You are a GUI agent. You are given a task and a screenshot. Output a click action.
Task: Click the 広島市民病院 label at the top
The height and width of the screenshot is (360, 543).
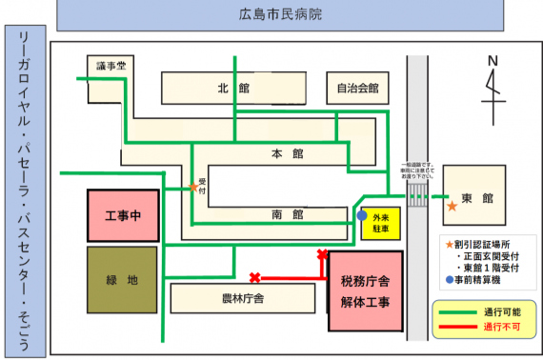pyautogui.click(x=280, y=15)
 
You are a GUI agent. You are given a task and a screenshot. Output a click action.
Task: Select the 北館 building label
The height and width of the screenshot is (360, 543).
pyautogui.click(x=231, y=89)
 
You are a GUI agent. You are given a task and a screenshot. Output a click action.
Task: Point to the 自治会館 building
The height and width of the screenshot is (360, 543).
pyautogui.click(x=357, y=89)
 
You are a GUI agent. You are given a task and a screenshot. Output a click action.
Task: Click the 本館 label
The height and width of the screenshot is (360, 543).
pyautogui.click(x=286, y=153)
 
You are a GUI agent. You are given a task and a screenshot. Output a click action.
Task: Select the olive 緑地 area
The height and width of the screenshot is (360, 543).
pyautogui.click(x=122, y=280)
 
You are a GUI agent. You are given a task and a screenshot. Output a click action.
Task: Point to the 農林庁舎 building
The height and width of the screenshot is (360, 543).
pyautogui.click(x=243, y=298)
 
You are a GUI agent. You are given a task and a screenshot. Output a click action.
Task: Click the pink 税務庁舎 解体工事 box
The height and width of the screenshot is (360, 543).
pyautogui.click(x=365, y=291)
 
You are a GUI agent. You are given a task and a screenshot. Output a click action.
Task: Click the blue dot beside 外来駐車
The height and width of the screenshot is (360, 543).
pyautogui.click(x=361, y=216)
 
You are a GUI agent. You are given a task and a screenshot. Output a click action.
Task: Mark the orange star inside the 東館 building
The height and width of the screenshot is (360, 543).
pyautogui.click(x=451, y=205)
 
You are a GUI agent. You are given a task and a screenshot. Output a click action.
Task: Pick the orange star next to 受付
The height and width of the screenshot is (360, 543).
pyautogui.click(x=193, y=188)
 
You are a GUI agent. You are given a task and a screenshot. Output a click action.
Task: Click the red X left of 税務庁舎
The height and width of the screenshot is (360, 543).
pyautogui.click(x=254, y=278)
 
